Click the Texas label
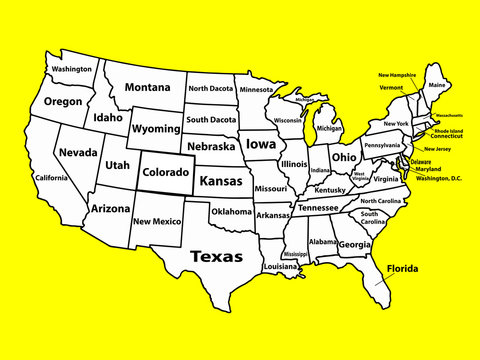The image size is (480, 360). click(217, 256)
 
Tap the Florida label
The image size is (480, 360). click(403, 269)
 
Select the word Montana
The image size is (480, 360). click(147, 88)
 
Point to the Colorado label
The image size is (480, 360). click(165, 172)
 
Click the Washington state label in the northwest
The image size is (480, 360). click(72, 70)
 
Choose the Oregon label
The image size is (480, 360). click(63, 102)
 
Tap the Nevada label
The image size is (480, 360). click(78, 152)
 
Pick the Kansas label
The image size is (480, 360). click(221, 182)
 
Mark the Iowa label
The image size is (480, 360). click(261, 144)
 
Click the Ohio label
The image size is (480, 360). click(343, 157)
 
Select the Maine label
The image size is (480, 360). click(437, 85)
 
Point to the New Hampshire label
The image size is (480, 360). click(397, 75)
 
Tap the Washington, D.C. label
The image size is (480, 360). click(438, 178)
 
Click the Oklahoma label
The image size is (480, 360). click(231, 212)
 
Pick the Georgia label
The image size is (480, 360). click(354, 245)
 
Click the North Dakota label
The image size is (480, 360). click(210, 89)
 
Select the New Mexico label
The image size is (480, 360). click(157, 222)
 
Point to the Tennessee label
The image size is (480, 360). click(318, 208)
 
